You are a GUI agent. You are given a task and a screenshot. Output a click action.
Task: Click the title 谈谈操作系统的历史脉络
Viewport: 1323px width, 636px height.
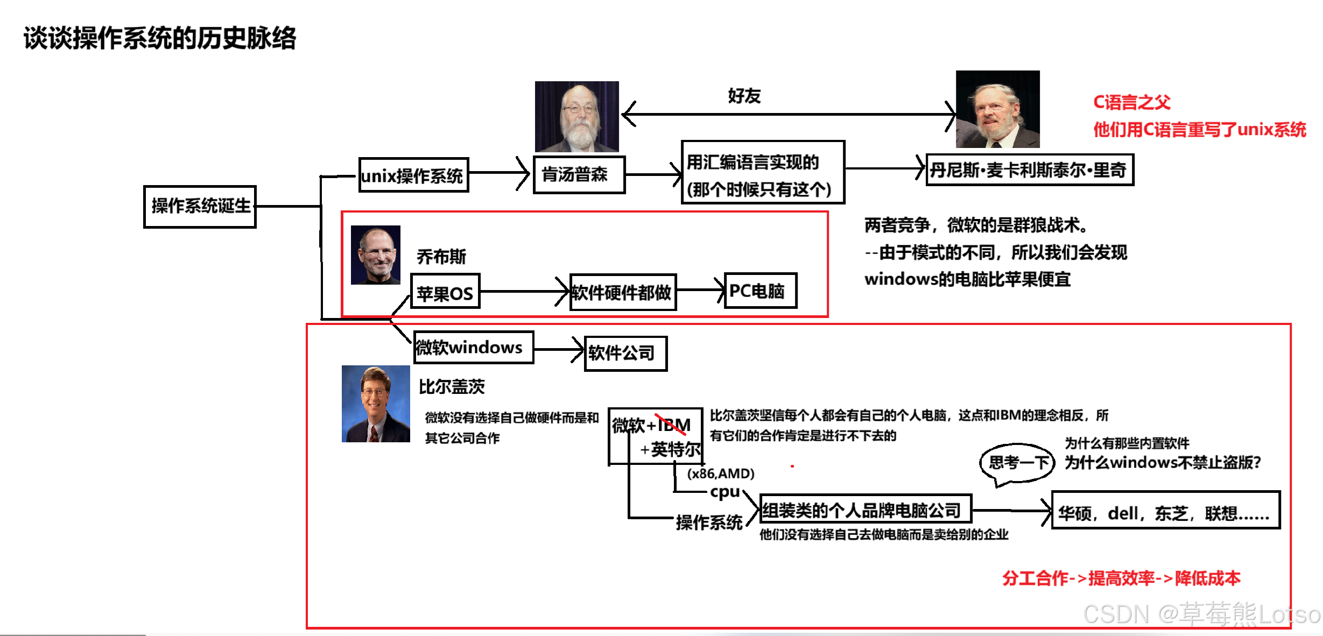[159, 38]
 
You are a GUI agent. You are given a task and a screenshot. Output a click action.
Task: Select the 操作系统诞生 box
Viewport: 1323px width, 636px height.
[200, 207]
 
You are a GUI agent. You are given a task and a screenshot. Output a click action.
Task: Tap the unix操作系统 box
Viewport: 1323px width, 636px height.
[413, 175]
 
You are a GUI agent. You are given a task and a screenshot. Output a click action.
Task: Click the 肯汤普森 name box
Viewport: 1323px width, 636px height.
[579, 174]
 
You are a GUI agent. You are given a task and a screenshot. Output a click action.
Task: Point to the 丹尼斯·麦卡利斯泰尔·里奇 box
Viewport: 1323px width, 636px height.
[1029, 170]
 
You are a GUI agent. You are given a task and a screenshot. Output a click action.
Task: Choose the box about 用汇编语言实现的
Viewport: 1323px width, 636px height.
[762, 173]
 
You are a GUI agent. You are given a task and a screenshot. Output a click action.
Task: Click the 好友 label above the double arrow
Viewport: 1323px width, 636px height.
[744, 96]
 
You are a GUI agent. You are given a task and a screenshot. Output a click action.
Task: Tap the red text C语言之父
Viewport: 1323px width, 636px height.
[1131, 102]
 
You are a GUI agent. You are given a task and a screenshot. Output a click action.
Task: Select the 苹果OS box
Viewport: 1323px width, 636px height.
[445, 292]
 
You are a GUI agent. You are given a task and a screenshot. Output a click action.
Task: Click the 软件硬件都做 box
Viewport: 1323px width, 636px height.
[622, 292]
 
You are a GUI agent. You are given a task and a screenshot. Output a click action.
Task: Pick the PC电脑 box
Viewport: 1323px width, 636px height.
[759, 291]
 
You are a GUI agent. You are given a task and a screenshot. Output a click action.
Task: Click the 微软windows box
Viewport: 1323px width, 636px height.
[473, 348]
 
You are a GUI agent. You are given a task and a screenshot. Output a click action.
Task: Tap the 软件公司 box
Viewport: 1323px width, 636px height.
[625, 354]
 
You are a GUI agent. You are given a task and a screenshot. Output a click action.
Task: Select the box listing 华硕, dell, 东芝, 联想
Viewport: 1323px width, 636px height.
[1165, 511]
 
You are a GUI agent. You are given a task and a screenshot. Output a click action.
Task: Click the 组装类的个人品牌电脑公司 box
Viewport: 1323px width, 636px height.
[864, 509]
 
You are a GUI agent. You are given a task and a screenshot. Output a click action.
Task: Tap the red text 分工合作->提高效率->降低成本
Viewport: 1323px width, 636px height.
[1121, 578]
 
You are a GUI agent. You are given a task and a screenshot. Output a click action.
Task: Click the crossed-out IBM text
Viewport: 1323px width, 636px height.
[673, 425]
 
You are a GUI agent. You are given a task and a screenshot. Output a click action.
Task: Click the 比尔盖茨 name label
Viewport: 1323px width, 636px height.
[452, 386]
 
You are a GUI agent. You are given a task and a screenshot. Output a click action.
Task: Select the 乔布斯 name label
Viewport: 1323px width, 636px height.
[441, 257]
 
